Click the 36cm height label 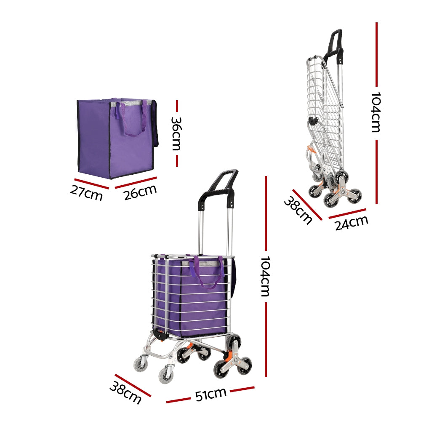(x=176, y=133)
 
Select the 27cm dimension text (x=86, y=193)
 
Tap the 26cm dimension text (x=140, y=192)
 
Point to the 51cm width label (x=210, y=394)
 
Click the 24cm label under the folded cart (x=352, y=222)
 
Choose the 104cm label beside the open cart (x=265, y=276)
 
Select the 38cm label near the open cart (x=125, y=392)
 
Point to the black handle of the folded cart (x=336, y=42)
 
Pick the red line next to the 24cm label (x=347, y=213)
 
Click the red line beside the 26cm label (x=136, y=181)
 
